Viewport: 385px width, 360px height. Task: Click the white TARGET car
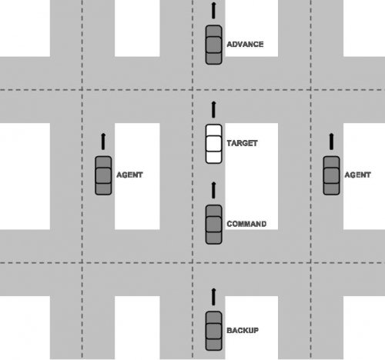tap(213, 144)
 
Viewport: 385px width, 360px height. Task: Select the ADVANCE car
tap(213, 45)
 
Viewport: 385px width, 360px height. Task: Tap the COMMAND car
tap(213, 225)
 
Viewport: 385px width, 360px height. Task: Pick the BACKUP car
tap(213, 331)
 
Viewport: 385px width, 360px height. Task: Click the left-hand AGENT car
tap(103, 175)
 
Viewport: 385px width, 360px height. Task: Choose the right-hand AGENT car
tap(331, 175)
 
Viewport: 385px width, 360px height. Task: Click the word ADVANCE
tap(245, 45)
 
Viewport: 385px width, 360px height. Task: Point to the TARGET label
tap(242, 143)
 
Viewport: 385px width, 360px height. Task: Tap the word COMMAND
tap(246, 224)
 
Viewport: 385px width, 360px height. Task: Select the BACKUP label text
tap(243, 330)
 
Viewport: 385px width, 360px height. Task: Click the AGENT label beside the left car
tap(129, 175)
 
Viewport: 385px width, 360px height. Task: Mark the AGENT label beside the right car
tap(357, 175)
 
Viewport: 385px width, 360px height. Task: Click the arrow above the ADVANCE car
tap(213, 10)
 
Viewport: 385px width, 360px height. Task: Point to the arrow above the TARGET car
tap(213, 109)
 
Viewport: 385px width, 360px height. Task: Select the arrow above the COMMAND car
tap(213, 190)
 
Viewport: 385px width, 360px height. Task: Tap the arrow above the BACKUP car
tap(213, 297)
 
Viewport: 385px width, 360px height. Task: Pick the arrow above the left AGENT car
tap(103, 142)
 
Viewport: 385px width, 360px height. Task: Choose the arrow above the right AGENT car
tap(331, 142)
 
